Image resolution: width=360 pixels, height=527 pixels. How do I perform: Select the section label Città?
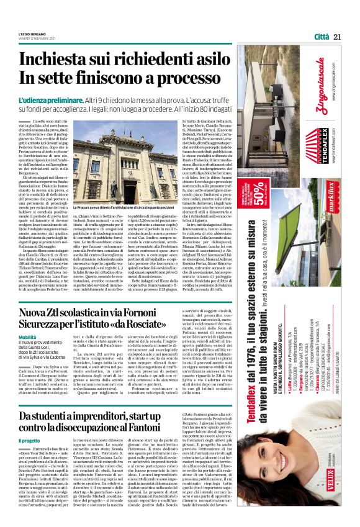click(321, 37)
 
